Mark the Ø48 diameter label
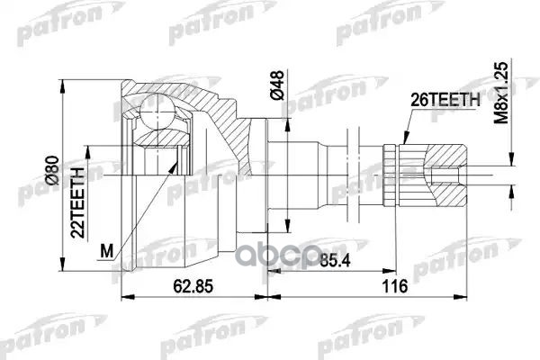tap(278, 86)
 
